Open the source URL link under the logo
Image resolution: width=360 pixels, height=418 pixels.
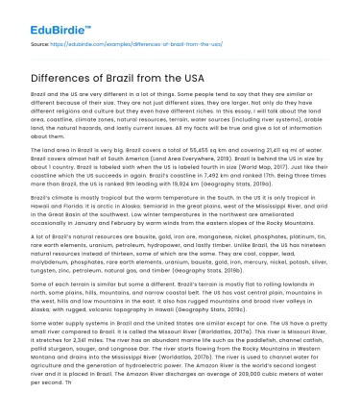(143, 44)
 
